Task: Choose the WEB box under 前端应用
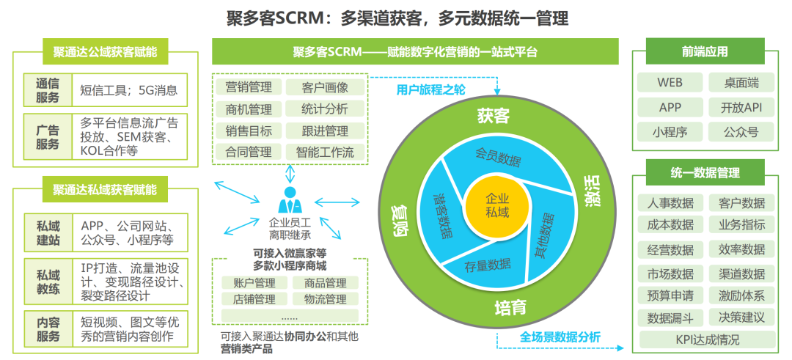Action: click(669, 83)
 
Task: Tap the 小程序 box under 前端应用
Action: click(669, 132)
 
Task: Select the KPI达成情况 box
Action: click(707, 339)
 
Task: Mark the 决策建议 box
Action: click(741, 317)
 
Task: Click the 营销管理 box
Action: click(249, 87)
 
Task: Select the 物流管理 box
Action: click(326, 299)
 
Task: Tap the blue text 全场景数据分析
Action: click(560, 337)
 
